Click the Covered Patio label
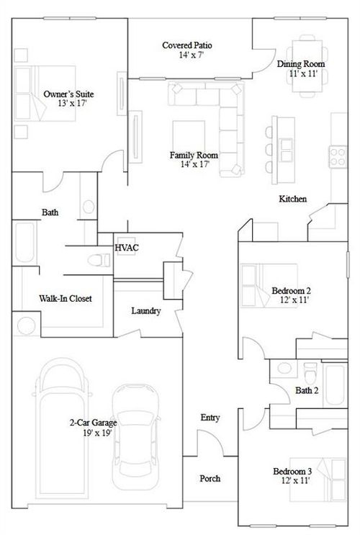coord(186,45)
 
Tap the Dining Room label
coord(301,64)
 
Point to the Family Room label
coord(194,155)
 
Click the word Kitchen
coord(293,199)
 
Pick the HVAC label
coord(127,248)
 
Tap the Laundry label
coord(145,311)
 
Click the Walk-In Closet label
coord(65,298)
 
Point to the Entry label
coord(210,418)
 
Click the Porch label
coord(210,478)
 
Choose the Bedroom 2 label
coord(291,291)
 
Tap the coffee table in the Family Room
coord(189,135)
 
